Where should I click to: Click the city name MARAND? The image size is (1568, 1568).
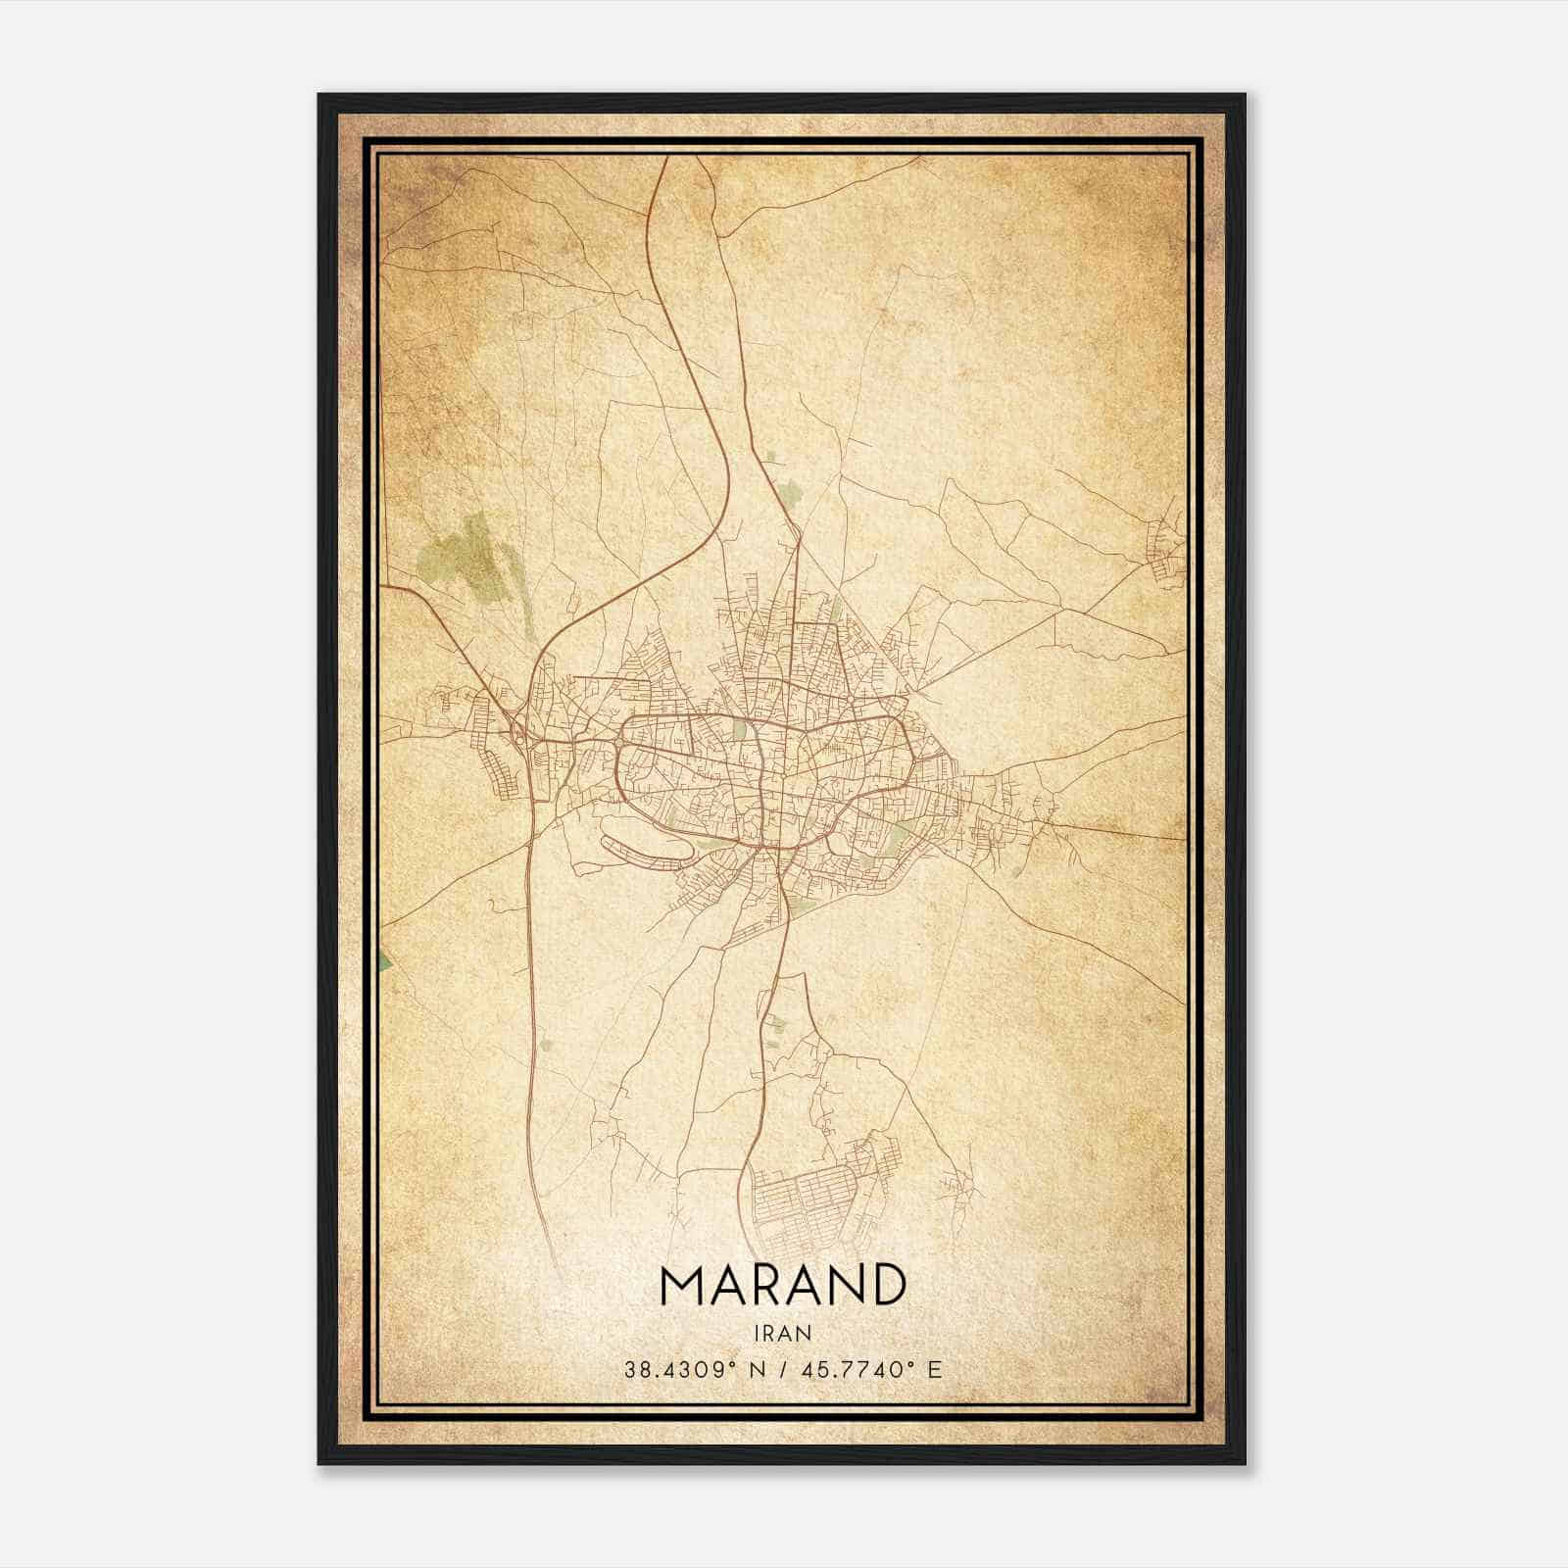(782, 1285)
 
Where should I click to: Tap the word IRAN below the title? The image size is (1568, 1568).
(783, 1333)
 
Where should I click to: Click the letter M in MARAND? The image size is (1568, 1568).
(684, 1285)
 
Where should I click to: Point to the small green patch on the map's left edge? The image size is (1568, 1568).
(384, 961)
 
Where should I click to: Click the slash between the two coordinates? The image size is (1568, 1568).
(784, 1370)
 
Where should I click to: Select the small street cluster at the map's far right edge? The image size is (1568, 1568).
(1166, 549)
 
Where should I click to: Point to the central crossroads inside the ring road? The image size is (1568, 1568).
(762, 774)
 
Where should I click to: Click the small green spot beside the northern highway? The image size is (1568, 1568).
(772, 457)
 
